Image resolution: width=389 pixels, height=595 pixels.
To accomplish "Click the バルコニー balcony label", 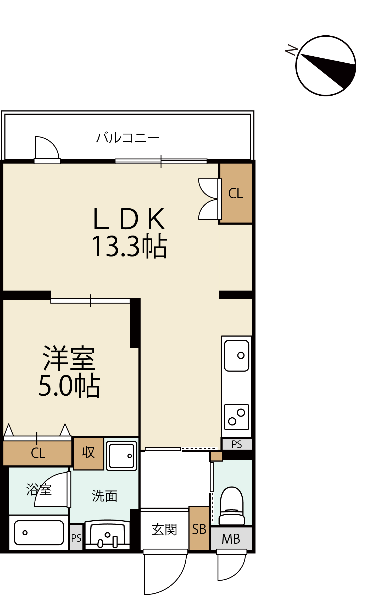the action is click(x=127, y=138).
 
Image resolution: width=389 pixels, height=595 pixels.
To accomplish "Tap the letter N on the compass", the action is click(x=292, y=50).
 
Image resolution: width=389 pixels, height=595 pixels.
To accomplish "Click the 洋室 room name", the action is click(x=69, y=358).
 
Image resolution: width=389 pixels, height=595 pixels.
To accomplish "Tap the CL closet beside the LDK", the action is click(x=236, y=193).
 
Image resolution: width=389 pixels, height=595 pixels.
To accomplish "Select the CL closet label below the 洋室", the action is click(x=38, y=453).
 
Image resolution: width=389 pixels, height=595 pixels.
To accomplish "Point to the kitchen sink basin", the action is click(x=237, y=356).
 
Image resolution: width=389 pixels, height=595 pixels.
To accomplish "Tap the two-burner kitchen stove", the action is click(x=237, y=417).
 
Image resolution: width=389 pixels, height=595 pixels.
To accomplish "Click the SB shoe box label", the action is click(x=199, y=530).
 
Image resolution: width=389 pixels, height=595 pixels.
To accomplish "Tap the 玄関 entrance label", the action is click(x=164, y=530).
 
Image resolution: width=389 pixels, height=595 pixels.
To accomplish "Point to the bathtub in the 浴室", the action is click(x=39, y=533).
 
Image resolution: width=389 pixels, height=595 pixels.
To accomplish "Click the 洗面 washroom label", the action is click(x=104, y=496).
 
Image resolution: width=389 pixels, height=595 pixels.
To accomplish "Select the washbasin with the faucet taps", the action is click(x=107, y=534).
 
